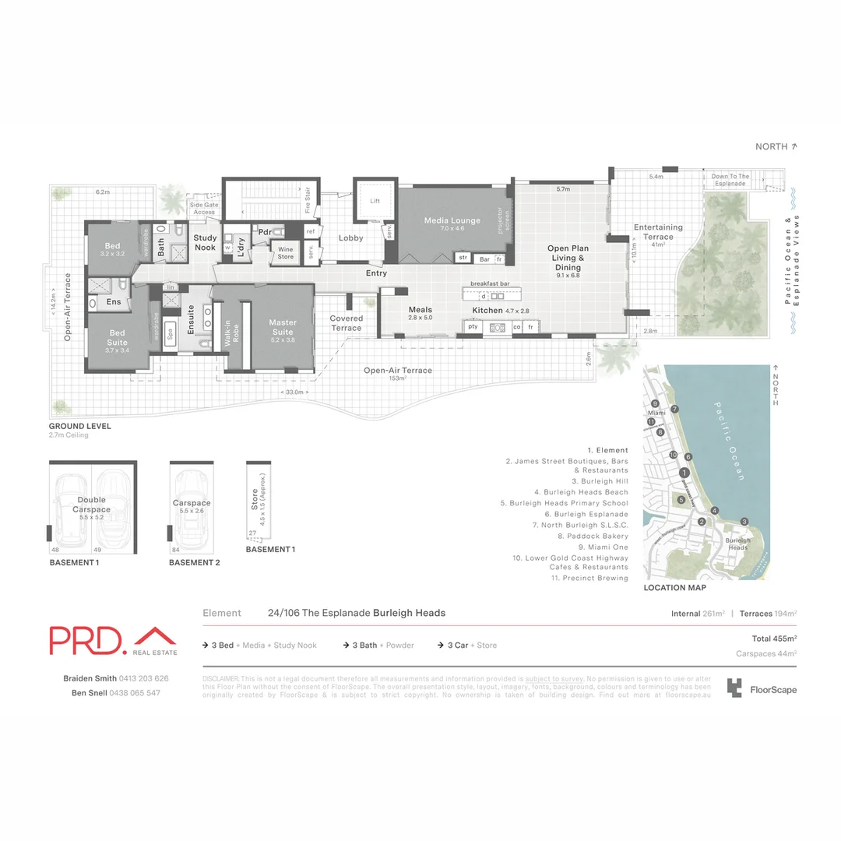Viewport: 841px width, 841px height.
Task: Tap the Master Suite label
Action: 283,326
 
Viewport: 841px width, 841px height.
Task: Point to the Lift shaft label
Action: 375,201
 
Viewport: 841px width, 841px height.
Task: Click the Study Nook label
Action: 206,243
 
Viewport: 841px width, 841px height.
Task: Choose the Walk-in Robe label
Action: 230,333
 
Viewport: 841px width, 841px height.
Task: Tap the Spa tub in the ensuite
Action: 170,331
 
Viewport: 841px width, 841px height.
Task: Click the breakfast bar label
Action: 490,283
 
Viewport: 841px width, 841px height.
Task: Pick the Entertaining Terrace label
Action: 658,232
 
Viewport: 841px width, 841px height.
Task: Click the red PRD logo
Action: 86,639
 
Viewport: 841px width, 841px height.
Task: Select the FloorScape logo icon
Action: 734,688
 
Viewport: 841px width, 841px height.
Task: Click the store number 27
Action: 252,533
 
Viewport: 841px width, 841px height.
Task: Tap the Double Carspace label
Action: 92,505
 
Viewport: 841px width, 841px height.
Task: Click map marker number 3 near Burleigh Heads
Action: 744,521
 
